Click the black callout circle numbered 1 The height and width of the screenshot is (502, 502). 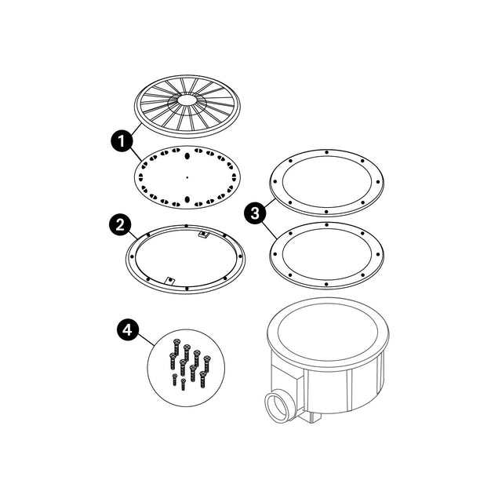[x=120, y=142]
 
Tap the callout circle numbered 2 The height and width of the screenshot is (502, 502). [x=119, y=225]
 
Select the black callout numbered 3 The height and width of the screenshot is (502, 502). [x=253, y=212]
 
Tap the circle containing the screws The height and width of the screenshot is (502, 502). [x=187, y=366]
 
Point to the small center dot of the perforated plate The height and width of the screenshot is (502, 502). [x=187, y=177]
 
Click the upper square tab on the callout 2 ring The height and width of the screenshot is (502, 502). [x=203, y=234]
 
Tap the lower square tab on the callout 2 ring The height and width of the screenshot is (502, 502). [x=169, y=278]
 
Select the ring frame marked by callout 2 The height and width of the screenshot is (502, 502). [x=133, y=259]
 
